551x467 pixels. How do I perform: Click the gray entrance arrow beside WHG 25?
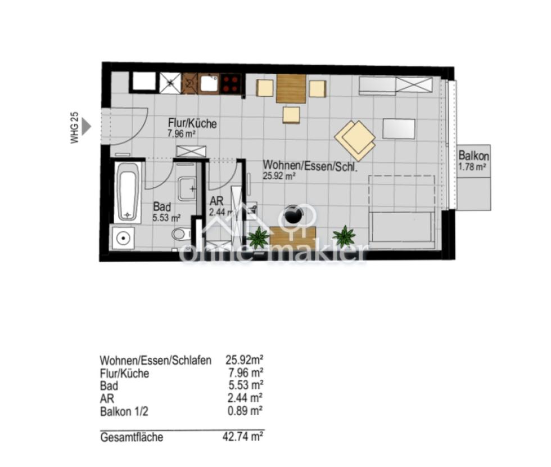[86, 126]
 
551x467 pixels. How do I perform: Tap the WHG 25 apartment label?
[74, 128]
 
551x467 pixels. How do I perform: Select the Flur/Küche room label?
[192, 123]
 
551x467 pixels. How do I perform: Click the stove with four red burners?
[230, 84]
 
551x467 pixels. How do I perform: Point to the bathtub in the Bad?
[128, 192]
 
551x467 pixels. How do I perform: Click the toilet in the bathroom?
[181, 234]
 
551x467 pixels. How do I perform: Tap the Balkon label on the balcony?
[473, 155]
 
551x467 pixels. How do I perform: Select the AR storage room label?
[216, 201]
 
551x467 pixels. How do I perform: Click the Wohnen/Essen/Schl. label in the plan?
[310, 165]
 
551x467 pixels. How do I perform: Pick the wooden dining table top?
[291, 89]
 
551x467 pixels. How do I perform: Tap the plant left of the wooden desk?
[259, 237]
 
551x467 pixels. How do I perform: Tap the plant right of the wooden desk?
[344, 236]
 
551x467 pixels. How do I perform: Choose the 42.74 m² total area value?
[243, 437]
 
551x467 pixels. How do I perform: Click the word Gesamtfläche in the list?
[132, 438]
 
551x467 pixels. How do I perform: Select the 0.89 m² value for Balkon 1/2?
[245, 411]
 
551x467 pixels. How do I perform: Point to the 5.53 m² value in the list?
[246, 385]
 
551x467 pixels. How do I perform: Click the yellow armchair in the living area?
[355, 140]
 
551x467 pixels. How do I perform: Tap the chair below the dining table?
[291, 115]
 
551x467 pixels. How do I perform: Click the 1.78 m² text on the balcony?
[473, 167]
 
